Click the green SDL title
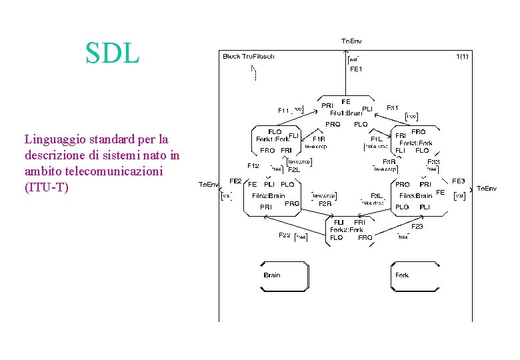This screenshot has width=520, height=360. click(112, 53)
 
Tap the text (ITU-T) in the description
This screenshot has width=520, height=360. click(46, 187)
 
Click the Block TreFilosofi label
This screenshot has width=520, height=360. click(248, 56)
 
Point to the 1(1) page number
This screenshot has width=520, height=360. click(461, 56)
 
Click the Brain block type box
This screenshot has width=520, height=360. click(285, 275)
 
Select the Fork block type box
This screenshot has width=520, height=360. click(415, 275)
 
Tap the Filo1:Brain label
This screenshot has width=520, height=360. click(345, 113)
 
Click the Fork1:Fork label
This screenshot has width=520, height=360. click(272, 139)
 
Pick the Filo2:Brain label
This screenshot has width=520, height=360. click(268, 195)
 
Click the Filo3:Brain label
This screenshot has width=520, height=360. click(415, 195)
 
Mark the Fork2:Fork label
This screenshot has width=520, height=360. click(347, 229)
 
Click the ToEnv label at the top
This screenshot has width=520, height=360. click(351, 41)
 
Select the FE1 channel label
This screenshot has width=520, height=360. click(355, 69)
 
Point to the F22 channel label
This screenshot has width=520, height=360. click(284, 235)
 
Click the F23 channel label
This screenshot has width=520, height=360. click(417, 227)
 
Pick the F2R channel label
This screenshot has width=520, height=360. click(325, 203)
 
